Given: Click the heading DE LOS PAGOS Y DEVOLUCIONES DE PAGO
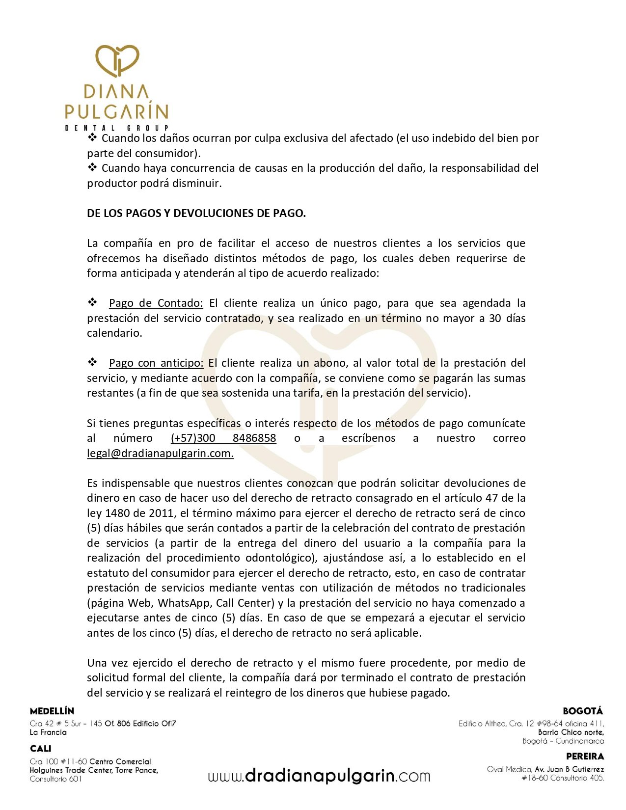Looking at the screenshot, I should coord(196,213).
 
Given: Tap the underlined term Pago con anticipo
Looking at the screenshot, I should coord(156,363).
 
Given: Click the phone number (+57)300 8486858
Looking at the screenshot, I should coord(223,438).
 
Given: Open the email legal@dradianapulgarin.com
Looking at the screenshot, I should coord(160,453).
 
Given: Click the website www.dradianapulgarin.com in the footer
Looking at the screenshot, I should coord(319,776).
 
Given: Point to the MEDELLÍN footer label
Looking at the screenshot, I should coord(52,711).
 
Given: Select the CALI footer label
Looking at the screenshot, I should coord(40,749).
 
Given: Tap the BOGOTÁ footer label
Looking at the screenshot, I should coord(583,711).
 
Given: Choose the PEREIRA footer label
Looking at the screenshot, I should coord(585,756).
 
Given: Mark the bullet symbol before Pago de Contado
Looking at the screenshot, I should coord(92,302).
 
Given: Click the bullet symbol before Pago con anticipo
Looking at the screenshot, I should coord(92,362).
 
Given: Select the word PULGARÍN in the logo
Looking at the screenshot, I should coord(117,111).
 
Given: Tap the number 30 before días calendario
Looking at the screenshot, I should coord(495,318).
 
